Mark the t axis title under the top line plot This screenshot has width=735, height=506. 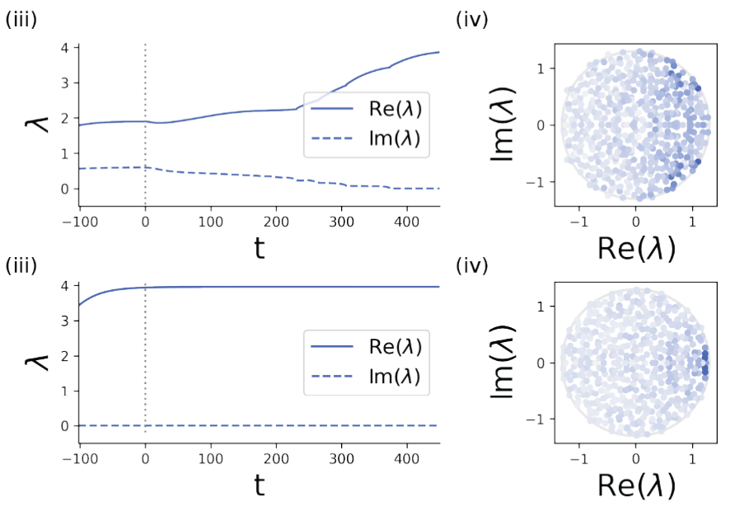tap(259, 247)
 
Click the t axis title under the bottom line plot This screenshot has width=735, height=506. tap(259, 486)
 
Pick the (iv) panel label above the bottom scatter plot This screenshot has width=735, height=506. tap(471, 266)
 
